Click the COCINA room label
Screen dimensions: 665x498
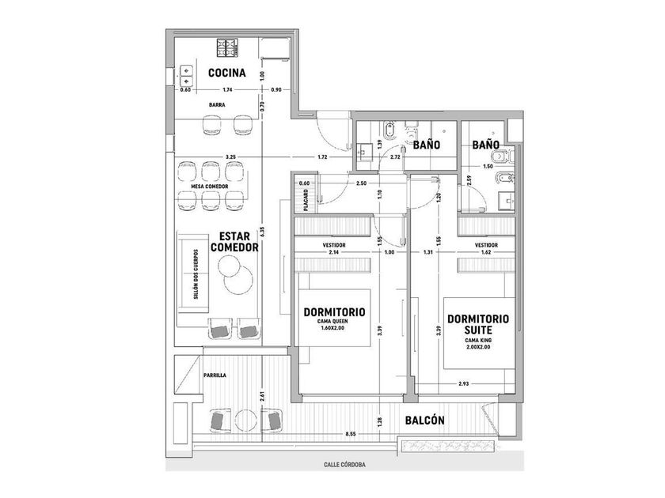(x=227, y=73)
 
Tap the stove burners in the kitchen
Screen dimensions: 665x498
(x=227, y=47)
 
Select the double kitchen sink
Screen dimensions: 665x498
(x=187, y=75)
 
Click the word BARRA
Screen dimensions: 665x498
(x=217, y=104)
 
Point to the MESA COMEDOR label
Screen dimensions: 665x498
(x=210, y=187)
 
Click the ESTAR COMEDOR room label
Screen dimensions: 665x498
(x=234, y=242)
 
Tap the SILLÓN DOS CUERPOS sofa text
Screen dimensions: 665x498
(x=196, y=274)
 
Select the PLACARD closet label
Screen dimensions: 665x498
(x=306, y=200)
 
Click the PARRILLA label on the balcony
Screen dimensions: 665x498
(x=215, y=375)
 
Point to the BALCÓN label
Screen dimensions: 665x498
(x=424, y=421)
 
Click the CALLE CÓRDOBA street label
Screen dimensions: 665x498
(x=344, y=465)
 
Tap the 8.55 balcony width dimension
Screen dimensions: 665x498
(x=350, y=434)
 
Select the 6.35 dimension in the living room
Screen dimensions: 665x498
(x=263, y=231)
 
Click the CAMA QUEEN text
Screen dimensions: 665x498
(x=332, y=322)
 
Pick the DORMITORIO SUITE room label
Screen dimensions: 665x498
(x=478, y=324)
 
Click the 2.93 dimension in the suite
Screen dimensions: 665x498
(x=464, y=383)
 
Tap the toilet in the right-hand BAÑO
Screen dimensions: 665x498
(x=503, y=157)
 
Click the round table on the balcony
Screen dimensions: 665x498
(x=246, y=421)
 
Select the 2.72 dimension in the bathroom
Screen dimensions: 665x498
(x=395, y=157)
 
